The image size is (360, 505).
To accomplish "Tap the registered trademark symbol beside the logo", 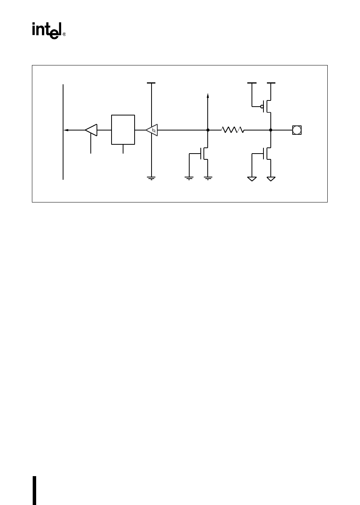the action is [x=64, y=34].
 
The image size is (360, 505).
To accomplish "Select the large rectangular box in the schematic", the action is [x=123, y=129].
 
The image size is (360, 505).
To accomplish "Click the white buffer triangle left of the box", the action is [x=92, y=130].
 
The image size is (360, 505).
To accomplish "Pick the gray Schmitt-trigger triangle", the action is [x=152, y=130].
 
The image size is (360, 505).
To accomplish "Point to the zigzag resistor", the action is [x=233, y=130].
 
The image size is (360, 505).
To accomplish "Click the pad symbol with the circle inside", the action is [x=297, y=130].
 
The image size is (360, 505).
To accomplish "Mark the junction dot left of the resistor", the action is [x=208, y=130].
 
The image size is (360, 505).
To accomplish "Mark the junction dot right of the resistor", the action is [x=271, y=130].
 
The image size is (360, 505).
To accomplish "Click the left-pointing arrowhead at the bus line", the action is [x=66, y=130].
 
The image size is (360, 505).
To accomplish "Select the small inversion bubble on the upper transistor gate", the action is [x=262, y=107].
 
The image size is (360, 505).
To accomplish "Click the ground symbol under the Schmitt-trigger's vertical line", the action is [x=152, y=178].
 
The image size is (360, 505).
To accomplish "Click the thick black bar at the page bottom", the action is [x=34, y=490].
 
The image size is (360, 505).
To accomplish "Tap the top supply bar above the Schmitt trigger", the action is [x=152, y=83].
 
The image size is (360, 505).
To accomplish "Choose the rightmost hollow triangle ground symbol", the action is [x=271, y=179].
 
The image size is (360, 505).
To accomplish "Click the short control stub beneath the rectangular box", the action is [x=123, y=149].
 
